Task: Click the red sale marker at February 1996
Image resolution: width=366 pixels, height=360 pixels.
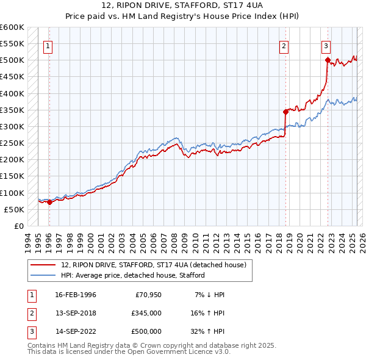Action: (x=49, y=203)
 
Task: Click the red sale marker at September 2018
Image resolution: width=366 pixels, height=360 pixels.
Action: (x=285, y=112)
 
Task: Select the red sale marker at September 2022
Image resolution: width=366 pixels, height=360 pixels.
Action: (x=327, y=60)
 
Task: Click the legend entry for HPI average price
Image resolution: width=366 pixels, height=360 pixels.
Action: (x=132, y=275)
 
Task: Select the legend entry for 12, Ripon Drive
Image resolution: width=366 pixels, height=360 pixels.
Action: (x=153, y=265)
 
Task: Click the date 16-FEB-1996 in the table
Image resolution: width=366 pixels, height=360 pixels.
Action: (x=76, y=295)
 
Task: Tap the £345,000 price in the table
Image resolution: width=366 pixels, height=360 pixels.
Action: (x=146, y=313)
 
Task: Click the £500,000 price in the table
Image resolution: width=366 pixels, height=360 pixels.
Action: (x=146, y=331)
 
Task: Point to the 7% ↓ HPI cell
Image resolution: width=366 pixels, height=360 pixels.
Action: (x=210, y=295)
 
